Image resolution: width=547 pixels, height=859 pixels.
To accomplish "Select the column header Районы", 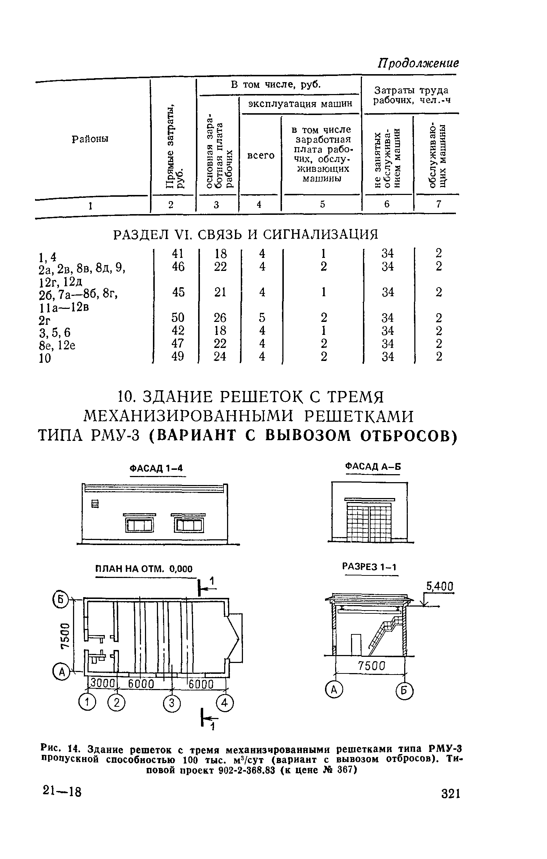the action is [x=90, y=139].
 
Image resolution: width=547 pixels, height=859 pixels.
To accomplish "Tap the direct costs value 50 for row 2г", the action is [x=178, y=317].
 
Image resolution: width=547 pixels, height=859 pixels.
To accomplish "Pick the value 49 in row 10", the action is [x=178, y=356].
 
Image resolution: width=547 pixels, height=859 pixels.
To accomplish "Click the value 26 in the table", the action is [x=220, y=317].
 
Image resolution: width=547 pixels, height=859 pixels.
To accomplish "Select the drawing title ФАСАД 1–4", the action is [x=157, y=468].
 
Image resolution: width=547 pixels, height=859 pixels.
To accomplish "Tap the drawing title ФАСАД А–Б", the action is [x=373, y=467].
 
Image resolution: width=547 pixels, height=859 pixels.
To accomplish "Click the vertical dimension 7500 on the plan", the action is [x=65, y=636].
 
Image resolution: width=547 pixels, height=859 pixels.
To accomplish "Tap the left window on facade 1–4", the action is [x=139, y=523].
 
